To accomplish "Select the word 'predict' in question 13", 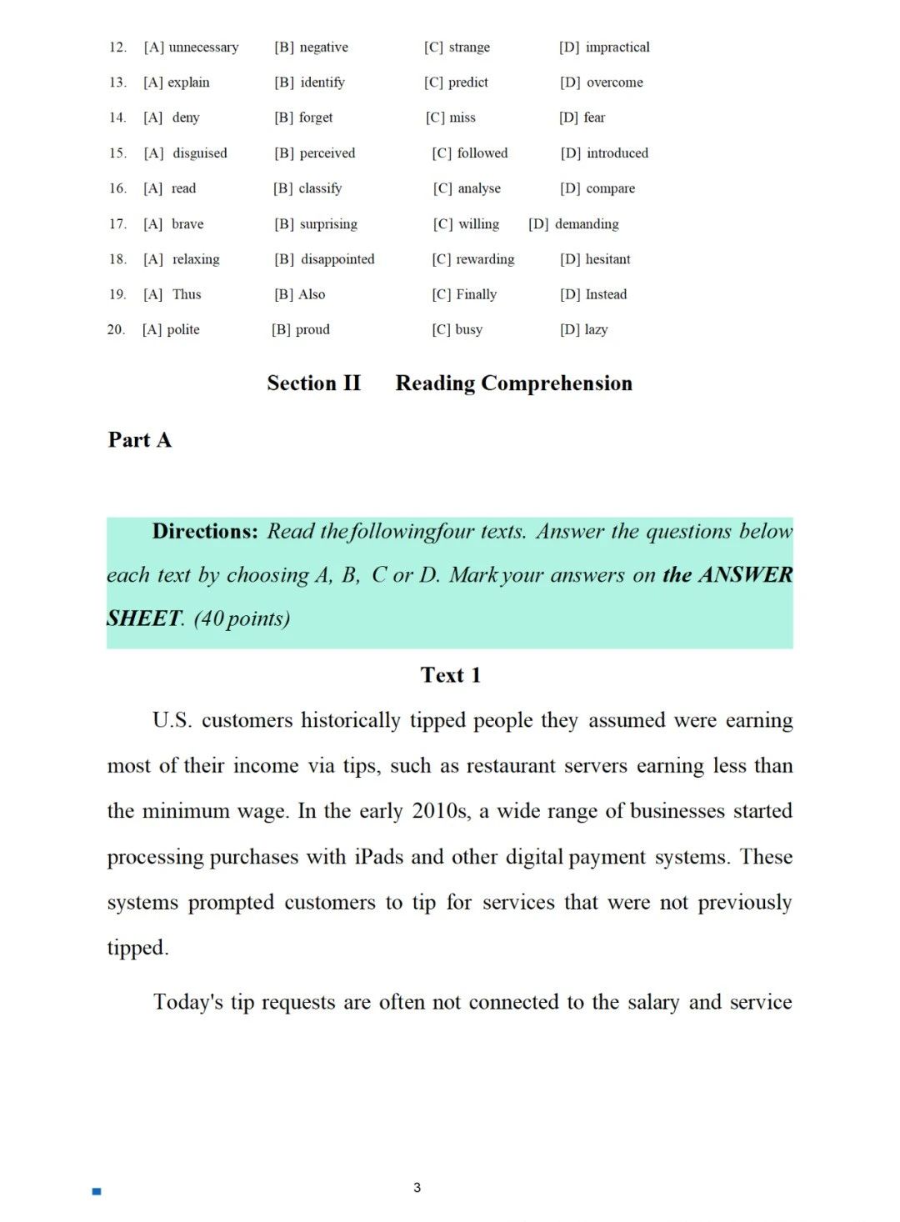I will tap(468, 83).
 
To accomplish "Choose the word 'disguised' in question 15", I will tap(200, 153).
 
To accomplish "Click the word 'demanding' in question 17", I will tap(587, 224).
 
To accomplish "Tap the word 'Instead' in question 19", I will tap(606, 294).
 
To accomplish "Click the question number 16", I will tap(117, 188).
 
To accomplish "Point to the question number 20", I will tap(116, 329).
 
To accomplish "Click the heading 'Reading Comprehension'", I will tap(513, 383).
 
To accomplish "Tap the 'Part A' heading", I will tap(139, 440).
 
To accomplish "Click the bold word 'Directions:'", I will tap(206, 532).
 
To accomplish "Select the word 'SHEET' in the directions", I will tap(144, 619).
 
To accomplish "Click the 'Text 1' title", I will tap(450, 675).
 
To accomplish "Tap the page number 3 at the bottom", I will tap(417, 1188).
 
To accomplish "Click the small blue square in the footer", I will tap(97, 1192).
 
